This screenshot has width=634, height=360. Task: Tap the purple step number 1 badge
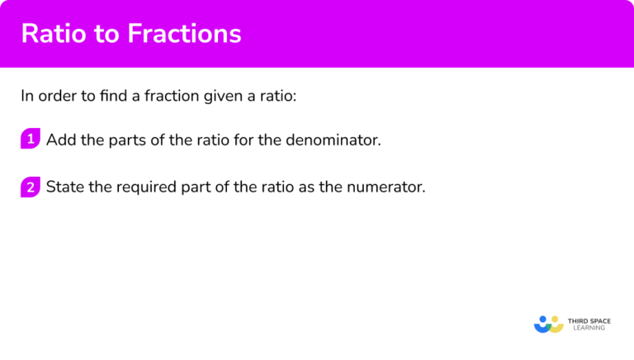(x=31, y=140)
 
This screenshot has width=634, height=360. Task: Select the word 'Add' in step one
(x=59, y=140)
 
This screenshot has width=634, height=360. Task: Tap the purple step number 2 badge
(x=31, y=187)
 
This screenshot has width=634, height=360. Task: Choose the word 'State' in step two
(x=64, y=187)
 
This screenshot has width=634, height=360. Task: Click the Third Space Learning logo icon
(x=548, y=324)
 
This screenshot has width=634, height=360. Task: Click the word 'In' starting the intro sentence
(x=27, y=95)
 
